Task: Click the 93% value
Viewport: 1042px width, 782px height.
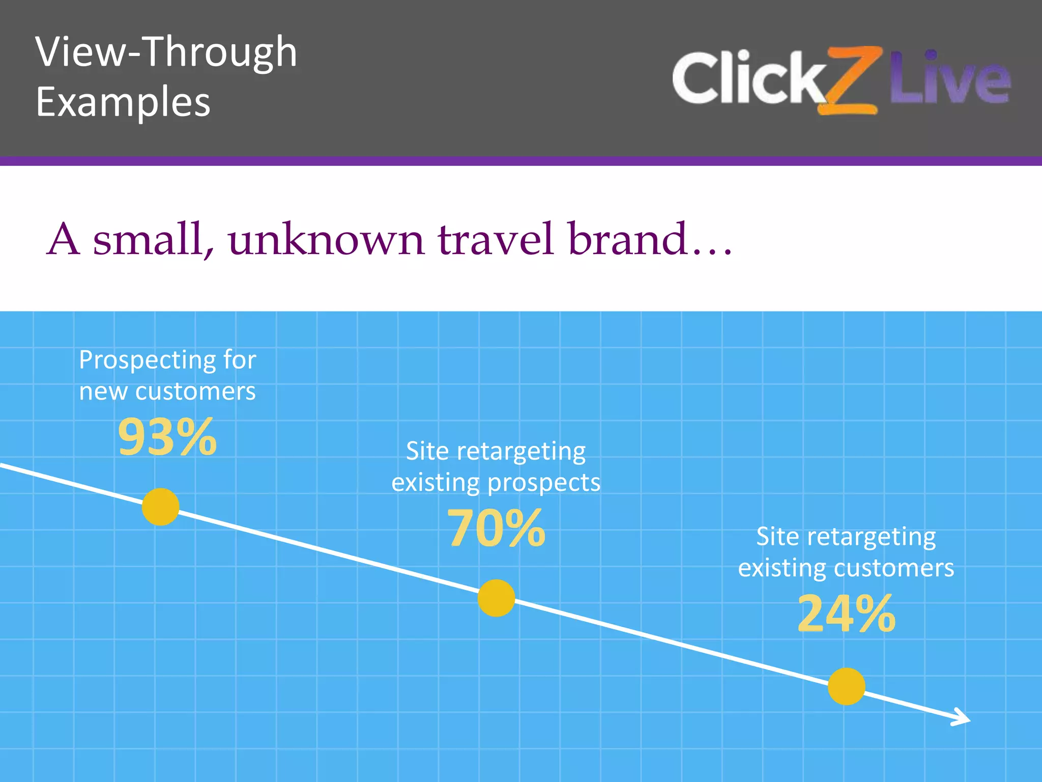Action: click(167, 437)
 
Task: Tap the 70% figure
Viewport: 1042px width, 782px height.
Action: click(496, 528)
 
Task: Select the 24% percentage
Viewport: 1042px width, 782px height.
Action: click(846, 614)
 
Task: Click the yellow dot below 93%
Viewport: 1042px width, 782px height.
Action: click(160, 507)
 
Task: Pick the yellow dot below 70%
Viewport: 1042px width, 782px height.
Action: click(496, 598)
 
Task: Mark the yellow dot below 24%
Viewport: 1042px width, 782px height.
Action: click(846, 686)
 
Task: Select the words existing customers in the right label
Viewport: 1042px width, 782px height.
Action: click(846, 568)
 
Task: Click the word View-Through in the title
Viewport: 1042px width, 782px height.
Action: click(166, 52)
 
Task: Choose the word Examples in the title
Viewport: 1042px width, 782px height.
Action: click(123, 102)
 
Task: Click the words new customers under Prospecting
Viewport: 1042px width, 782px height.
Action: click(167, 392)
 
